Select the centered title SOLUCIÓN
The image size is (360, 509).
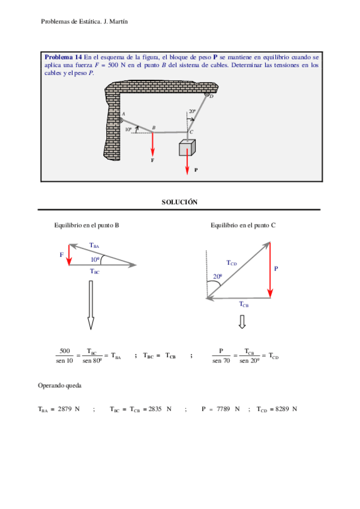point(179,203)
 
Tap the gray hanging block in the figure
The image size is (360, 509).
point(187,148)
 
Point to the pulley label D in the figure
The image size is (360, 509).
point(211,97)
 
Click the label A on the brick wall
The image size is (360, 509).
point(124,113)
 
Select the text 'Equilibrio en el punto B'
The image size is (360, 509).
point(86,225)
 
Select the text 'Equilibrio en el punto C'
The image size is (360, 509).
point(243,225)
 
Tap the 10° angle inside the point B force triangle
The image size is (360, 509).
point(95,259)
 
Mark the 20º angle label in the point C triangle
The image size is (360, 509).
point(217,276)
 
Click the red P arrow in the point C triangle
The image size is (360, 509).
point(270,269)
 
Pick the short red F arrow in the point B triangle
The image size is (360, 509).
point(70,254)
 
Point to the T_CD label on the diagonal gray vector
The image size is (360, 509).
point(232,262)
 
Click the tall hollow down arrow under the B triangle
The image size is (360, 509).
point(90,306)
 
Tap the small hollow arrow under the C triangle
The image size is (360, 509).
point(242,322)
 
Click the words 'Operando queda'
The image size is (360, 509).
point(59,385)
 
